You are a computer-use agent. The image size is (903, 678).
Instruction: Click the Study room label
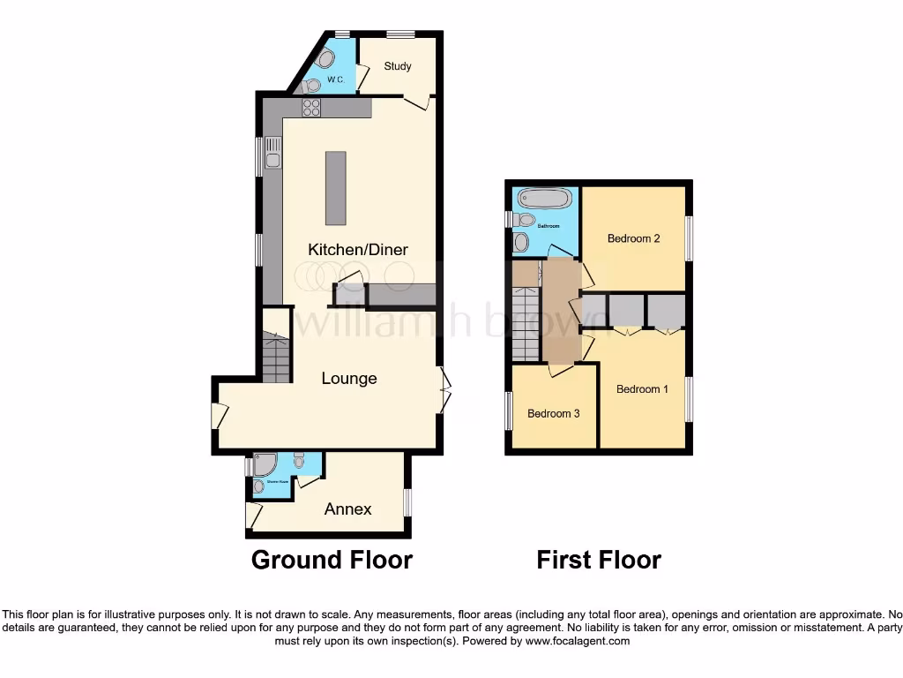(x=398, y=66)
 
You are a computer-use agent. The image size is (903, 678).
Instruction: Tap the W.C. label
(x=335, y=79)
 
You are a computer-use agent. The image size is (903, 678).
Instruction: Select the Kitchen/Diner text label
(x=358, y=250)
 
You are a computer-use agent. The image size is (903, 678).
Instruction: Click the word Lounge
(x=349, y=379)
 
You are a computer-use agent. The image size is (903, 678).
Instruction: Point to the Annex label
(x=347, y=509)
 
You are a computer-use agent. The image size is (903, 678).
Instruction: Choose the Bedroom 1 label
(x=641, y=389)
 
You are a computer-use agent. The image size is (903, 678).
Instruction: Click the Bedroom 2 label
(x=633, y=238)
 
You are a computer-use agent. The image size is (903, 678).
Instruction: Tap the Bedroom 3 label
(x=553, y=413)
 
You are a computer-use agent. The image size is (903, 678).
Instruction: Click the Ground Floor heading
(x=332, y=560)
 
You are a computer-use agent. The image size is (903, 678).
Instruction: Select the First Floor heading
(x=599, y=560)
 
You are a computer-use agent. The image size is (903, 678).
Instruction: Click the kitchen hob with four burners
(x=311, y=108)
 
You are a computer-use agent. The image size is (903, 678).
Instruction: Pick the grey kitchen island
(x=336, y=188)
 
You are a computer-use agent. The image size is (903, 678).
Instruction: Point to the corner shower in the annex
(x=265, y=464)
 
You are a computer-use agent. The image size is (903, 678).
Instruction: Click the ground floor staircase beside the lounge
(x=276, y=356)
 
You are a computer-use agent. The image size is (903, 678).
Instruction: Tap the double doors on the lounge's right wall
(x=445, y=390)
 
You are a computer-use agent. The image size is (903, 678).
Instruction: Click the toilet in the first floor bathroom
(x=524, y=220)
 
